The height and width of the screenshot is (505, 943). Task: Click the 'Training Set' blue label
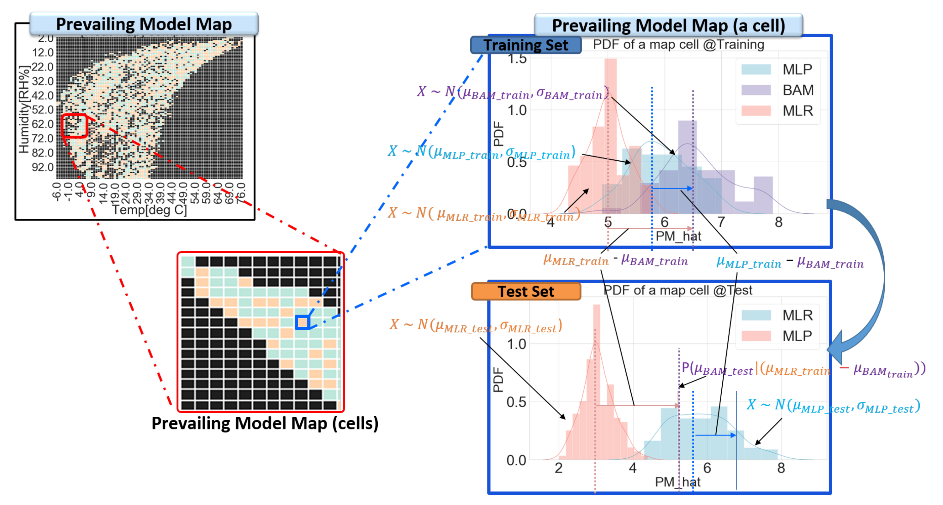pyautogui.click(x=526, y=45)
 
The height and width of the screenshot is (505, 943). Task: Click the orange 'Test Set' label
pyautogui.click(x=526, y=292)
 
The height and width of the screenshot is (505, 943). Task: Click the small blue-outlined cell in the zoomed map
pyautogui.click(x=303, y=322)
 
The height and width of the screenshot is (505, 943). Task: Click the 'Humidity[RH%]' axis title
pyautogui.click(x=24, y=109)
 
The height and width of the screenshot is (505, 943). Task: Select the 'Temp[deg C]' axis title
pyautogui.click(x=149, y=210)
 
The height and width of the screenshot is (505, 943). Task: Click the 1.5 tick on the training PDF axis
pyautogui.click(x=517, y=59)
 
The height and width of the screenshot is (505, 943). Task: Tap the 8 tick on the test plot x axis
pyautogui.click(x=781, y=468)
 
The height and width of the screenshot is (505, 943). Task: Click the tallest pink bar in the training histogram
pyautogui.click(x=610, y=135)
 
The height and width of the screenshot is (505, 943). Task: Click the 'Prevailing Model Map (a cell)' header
pyautogui.click(x=668, y=26)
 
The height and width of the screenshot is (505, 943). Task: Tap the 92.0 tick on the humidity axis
pyautogui.click(x=43, y=167)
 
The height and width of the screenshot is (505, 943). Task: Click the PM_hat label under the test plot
pyautogui.click(x=677, y=482)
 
